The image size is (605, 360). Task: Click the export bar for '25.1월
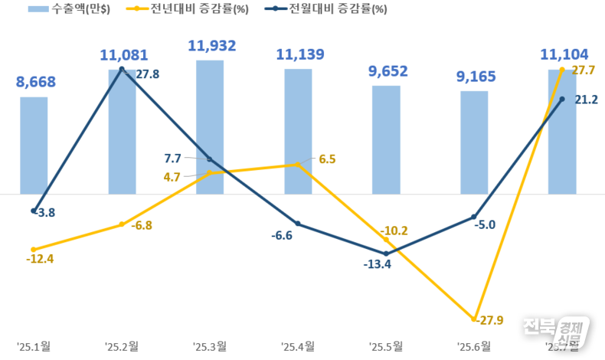click(34, 145)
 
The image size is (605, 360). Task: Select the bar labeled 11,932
click(210, 126)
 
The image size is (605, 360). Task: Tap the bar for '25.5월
click(386, 139)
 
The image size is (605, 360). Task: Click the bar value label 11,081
click(124, 55)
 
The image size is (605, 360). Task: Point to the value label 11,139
click(300, 54)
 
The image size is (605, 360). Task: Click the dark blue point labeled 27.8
click(122, 69)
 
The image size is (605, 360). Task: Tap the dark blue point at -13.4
click(386, 254)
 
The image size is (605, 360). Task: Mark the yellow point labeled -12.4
click(34, 250)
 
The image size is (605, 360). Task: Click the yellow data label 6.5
click(327, 159)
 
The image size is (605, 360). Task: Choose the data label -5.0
click(486, 224)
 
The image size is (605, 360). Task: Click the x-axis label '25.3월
click(210, 345)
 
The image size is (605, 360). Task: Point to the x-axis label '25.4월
click(298, 345)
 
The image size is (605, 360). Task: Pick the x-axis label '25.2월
click(122, 345)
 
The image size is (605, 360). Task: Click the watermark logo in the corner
click(557, 332)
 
